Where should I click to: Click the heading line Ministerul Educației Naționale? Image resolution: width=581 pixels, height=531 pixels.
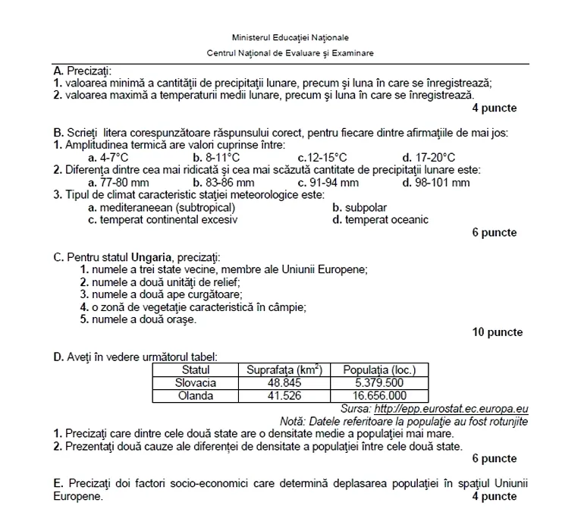(291, 38)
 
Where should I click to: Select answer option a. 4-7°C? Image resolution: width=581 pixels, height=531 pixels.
(108, 158)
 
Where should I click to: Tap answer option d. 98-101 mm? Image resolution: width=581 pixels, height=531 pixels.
(436, 183)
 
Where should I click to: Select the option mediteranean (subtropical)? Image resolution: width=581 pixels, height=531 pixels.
(162, 208)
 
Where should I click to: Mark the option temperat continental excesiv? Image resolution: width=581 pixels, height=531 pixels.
(163, 220)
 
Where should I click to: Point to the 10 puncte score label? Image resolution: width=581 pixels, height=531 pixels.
(497, 332)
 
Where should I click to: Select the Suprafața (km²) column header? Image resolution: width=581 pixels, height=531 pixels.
(284, 370)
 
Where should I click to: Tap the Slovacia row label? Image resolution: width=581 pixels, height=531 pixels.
(196, 383)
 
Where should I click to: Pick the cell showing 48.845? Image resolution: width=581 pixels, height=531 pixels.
(284, 383)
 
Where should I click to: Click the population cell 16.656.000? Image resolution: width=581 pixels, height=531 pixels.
(379, 395)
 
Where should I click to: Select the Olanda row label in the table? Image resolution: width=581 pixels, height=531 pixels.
(196, 395)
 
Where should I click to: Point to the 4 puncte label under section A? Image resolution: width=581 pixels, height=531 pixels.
(494, 108)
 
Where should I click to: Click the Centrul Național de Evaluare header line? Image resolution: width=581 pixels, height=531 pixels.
(290, 53)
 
